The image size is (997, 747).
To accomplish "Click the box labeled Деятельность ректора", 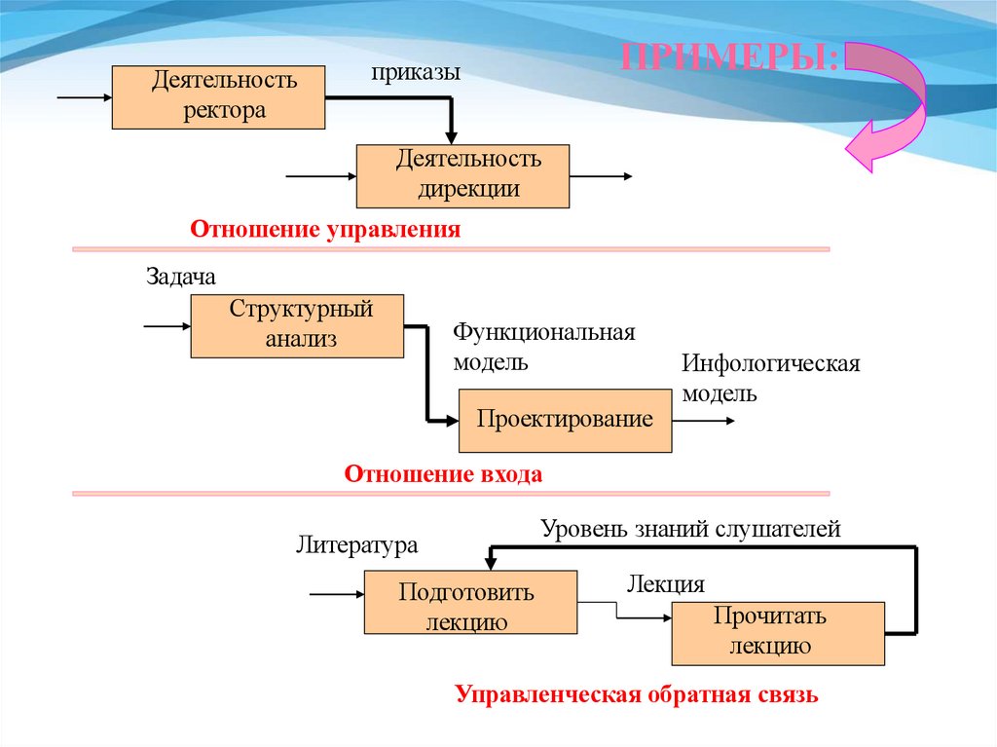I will [218, 97].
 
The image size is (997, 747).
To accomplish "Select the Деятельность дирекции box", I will [462, 175].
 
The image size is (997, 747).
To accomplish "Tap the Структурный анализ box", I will [296, 325].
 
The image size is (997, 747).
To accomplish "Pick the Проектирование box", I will [565, 420].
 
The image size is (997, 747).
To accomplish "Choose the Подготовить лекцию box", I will [470, 603].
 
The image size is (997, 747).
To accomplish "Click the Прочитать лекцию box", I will [778, 633].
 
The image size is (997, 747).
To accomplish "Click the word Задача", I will [181, 277].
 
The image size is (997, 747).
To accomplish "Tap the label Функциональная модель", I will [543, 348].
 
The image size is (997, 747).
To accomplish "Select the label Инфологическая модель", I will [771, 378].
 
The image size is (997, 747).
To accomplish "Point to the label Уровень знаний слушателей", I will [690, 530].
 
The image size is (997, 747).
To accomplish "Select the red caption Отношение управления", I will [324, 231].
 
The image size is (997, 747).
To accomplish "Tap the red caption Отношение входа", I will [443, 475].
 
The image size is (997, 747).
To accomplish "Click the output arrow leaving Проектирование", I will [703, 421].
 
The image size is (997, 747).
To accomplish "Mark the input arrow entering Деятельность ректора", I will [85, 98].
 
